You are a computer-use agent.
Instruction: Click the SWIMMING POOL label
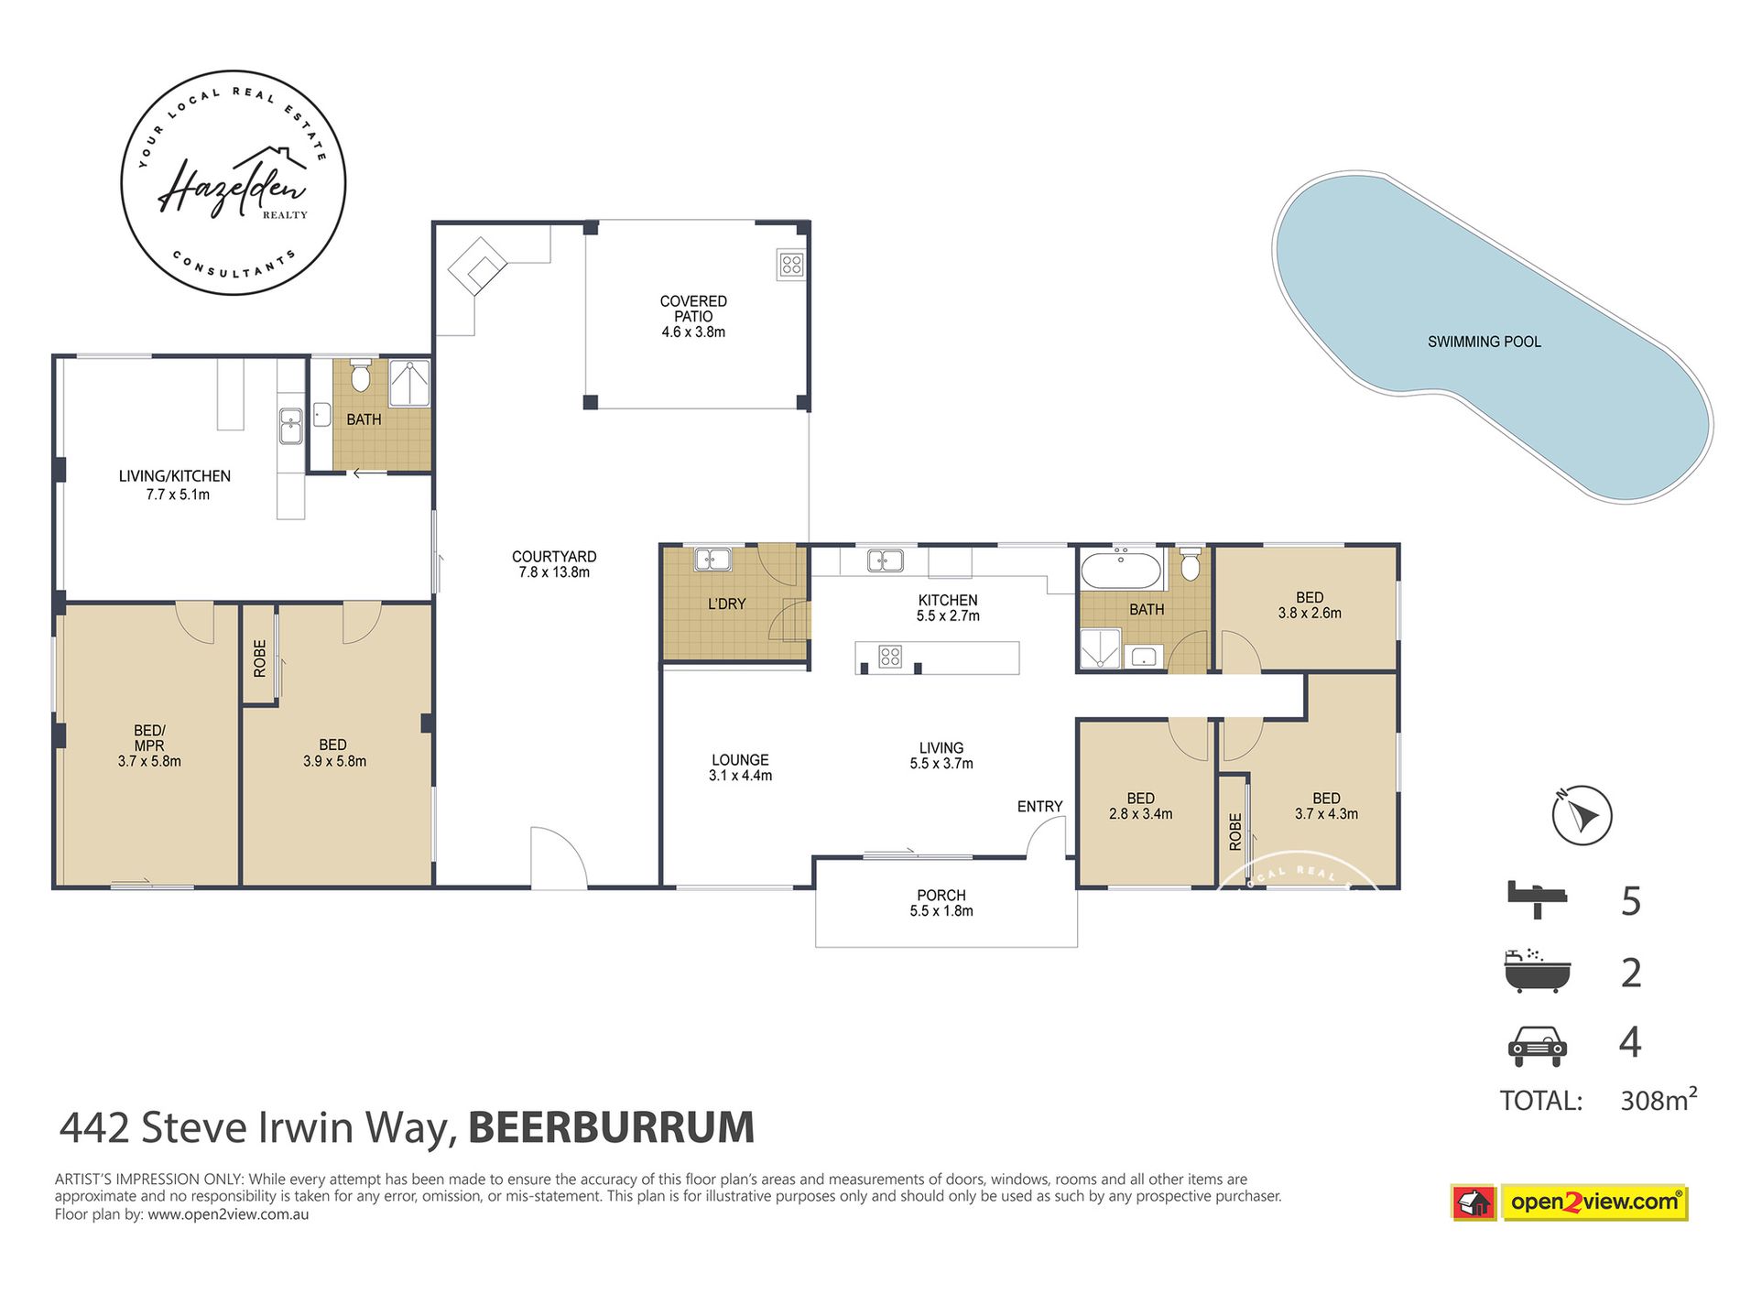1484,342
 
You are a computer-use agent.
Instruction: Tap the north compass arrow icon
1582,814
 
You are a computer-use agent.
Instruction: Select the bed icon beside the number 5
1539,898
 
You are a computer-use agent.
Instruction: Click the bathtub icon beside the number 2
1537,972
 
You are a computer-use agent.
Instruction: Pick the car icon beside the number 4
1538,1045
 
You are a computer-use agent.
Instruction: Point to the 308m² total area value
1658,1099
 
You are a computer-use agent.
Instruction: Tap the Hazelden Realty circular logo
234,183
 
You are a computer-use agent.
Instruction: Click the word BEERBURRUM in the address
611,1127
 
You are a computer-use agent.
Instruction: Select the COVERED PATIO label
693,316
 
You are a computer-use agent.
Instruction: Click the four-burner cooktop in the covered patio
791,265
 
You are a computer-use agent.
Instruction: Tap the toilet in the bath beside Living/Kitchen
361,375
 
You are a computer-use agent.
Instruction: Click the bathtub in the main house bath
1122,570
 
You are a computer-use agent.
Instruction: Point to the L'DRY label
726,604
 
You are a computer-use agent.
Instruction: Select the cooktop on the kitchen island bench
889,656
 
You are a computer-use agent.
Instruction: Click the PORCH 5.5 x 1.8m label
941,902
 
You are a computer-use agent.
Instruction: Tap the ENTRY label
1039,806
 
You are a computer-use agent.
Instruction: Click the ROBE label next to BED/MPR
260,658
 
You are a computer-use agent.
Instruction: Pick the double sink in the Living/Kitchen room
290,426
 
